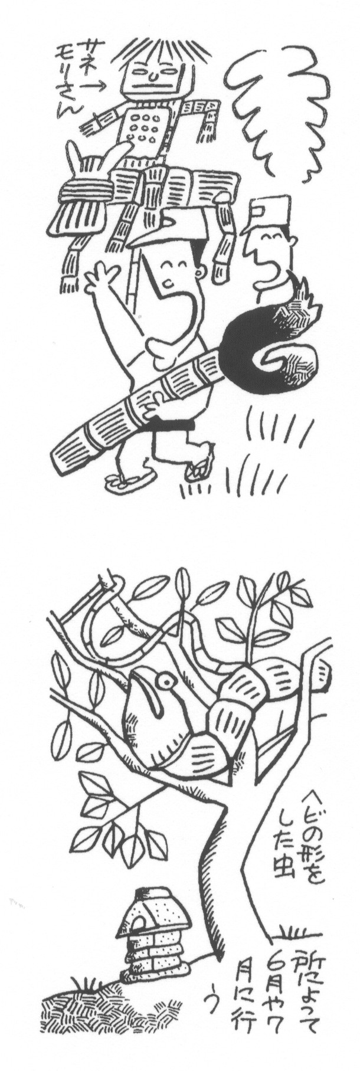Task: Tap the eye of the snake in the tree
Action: coord(168,684)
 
